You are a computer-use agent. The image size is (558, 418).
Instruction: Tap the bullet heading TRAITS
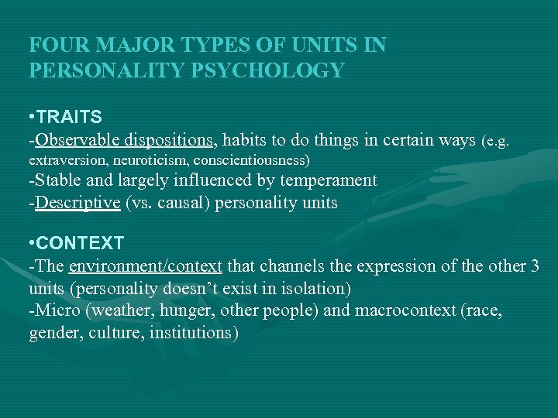(x=71, y=118)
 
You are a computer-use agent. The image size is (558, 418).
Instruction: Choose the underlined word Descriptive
(x=77, y=203)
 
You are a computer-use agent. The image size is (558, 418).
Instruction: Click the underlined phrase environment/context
(x=145, y=266)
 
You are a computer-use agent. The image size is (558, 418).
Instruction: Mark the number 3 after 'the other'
(x=535, y=266)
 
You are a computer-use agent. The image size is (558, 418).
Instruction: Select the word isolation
(x=314, y=288)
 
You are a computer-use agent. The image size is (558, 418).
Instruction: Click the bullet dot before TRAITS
(x=32, y=118)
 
